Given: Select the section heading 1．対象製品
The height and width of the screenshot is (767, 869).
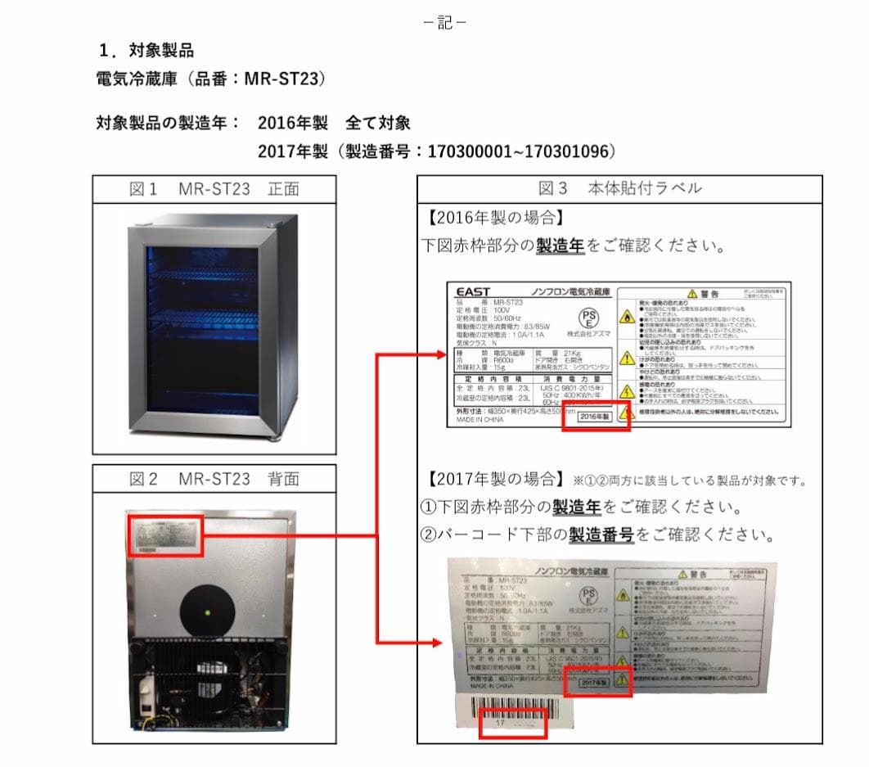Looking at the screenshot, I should point(146,51).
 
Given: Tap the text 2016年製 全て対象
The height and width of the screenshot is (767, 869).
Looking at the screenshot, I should point(334,123).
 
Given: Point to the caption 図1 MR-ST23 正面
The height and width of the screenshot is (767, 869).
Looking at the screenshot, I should point(214,189).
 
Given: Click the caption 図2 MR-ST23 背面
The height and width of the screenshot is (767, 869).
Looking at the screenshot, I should point(214,479).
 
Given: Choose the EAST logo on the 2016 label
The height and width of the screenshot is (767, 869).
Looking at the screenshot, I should point(473,291).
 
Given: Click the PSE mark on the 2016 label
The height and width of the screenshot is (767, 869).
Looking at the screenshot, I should point(588,318).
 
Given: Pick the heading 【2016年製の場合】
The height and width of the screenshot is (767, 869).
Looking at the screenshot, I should point(494,218).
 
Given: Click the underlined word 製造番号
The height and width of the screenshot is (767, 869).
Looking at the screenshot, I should point(601,535).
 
